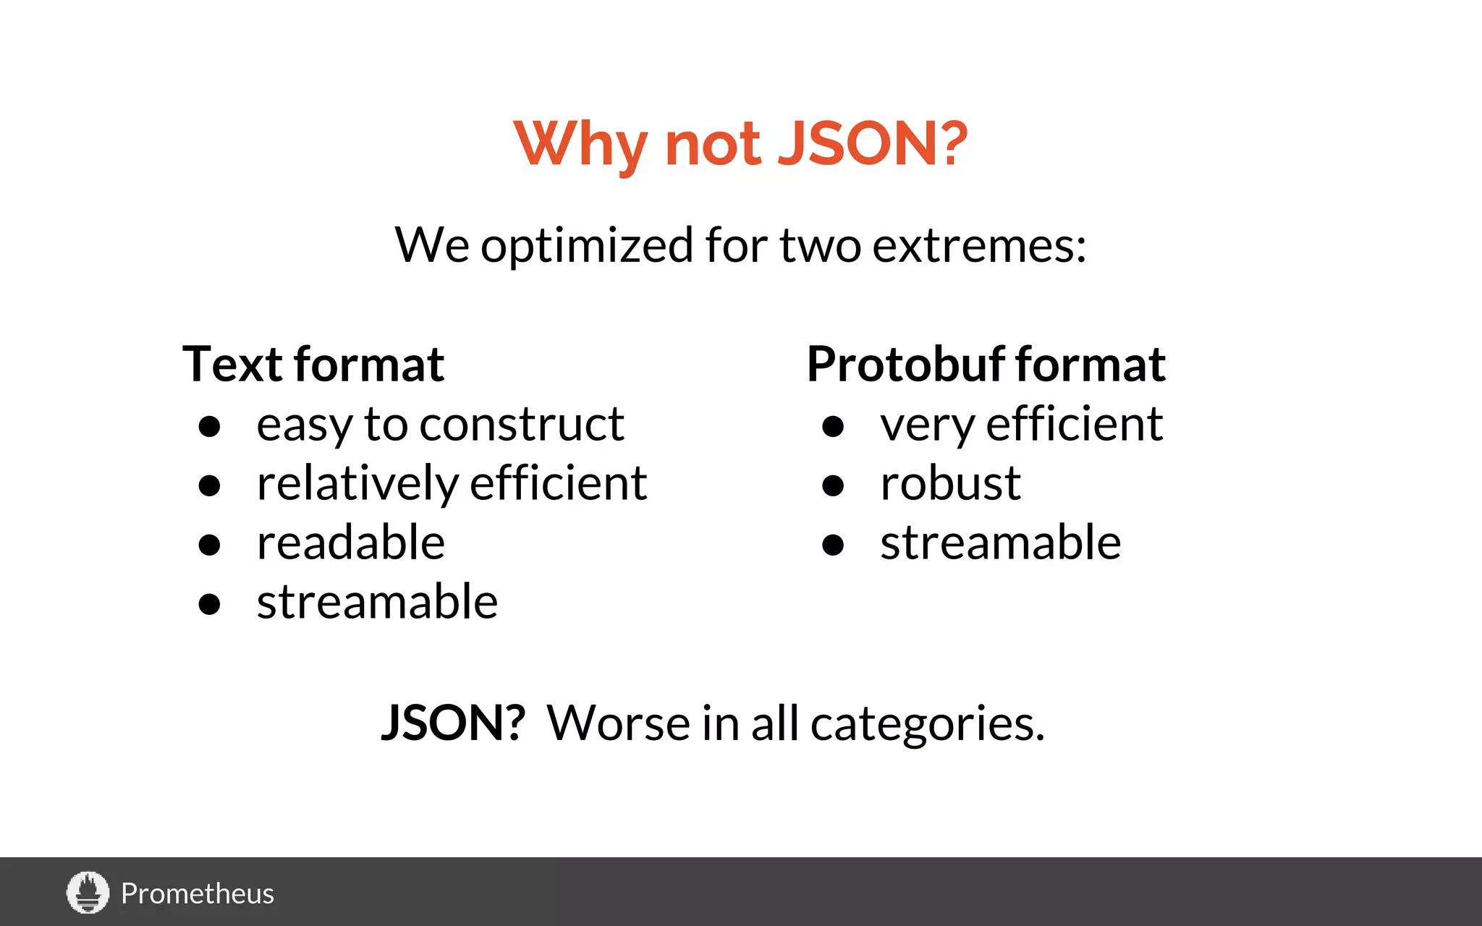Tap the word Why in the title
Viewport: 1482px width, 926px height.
(580, 144)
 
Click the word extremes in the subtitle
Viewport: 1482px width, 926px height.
(979, 245)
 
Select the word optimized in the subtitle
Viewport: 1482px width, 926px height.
(586, 247)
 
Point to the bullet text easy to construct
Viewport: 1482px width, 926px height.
(440, 425)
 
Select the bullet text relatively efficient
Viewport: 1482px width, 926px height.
(452, 484)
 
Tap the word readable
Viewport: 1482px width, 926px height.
(350, 543)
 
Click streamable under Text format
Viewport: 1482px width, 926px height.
(377, 602)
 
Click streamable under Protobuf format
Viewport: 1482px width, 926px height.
(1000, 543)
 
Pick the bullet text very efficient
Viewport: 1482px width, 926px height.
(1021, 425)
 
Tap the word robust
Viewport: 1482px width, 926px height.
(950, 483)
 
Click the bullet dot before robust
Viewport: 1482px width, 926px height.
(833, 485)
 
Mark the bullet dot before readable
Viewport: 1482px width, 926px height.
(209, 545)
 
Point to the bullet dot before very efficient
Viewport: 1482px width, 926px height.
(833, 426)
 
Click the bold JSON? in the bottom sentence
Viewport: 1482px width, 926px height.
(453, 723)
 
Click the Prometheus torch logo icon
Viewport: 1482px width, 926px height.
(88, 892)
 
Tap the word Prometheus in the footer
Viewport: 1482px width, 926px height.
(197, 894)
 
